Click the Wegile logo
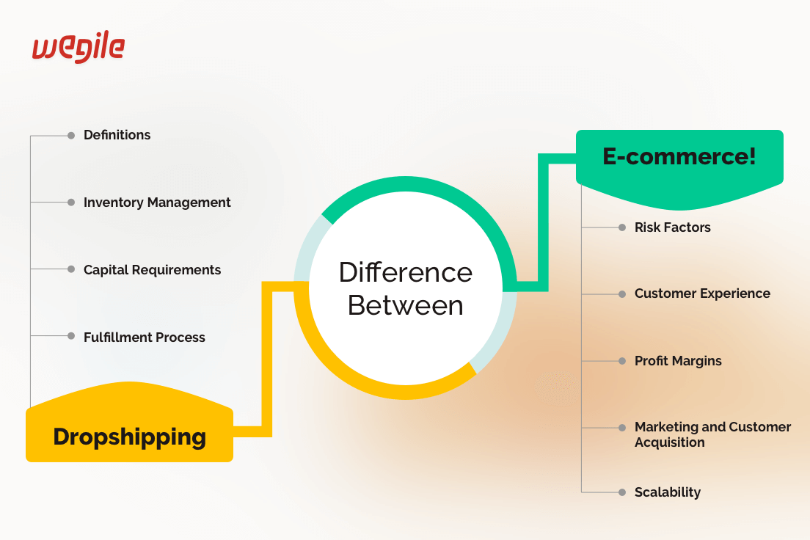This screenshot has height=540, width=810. coord(78,48)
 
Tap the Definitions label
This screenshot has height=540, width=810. coord(117,135)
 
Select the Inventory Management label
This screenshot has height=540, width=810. coord(157,202)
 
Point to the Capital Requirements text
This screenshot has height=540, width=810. coord(152,270)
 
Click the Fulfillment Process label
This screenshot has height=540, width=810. coord(144,337)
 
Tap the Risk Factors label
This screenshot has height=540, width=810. coord(672,227)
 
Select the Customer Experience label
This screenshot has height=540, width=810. coord(702,293)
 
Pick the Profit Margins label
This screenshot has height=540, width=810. coord(678,361)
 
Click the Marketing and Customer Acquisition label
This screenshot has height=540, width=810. coord(712,434)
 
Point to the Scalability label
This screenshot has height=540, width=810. coord(667,492)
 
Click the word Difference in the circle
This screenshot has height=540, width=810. coord(406,272)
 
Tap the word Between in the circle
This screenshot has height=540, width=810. coord(406,305)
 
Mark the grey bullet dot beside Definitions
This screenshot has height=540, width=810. coord(71,135)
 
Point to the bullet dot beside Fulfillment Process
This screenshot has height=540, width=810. coord(71,336)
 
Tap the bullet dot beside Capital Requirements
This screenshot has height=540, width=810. coord(71,269)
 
